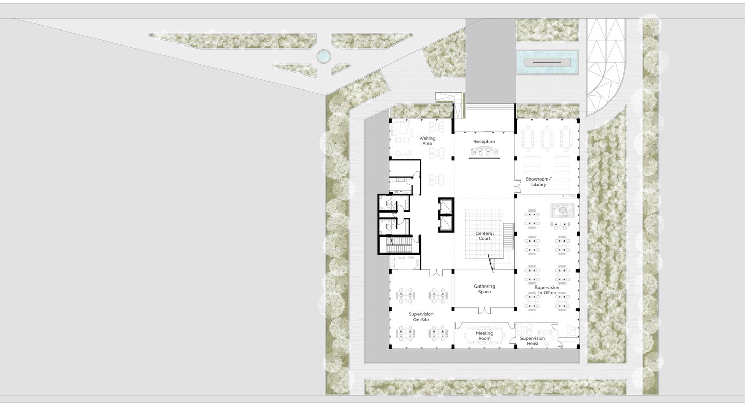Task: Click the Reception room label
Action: pos(484,141)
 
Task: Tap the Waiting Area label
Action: pos(427,141)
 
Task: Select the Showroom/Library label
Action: pos(539,182)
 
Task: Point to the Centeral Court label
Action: pos(484,236)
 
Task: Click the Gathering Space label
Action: pos(484,289)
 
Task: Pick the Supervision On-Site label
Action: pos(421,317)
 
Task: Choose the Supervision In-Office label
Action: pos(547,290)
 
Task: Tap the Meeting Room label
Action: pos(484,336)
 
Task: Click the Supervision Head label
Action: pos(532,341)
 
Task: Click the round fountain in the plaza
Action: pos(323,56)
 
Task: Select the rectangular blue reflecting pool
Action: pos(547,62)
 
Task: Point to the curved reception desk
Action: pos(484,152)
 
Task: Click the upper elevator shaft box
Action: pos(445,206)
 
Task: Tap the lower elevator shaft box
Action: pos(445,223)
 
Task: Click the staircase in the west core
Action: pos(399,245)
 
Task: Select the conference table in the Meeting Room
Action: pos(484,336)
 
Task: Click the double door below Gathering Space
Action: pos(484,310)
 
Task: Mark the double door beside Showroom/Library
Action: pos(517,186)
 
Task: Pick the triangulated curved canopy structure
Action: pos(606,67)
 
